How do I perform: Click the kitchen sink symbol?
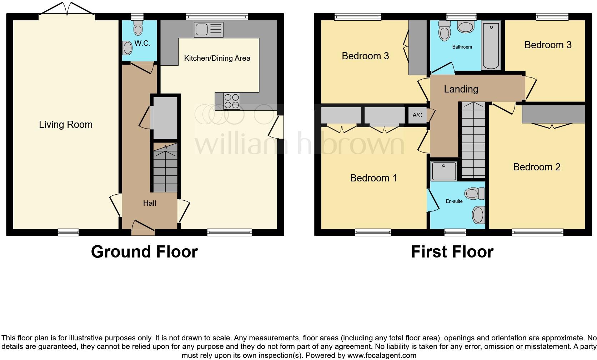point(209,30)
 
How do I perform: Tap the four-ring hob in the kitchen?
point(232,101)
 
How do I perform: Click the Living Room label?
point(66,125)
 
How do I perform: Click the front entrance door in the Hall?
point(143,227)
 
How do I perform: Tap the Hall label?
point(150,203)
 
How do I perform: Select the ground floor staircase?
point(165,168)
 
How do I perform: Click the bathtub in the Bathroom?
point(492,45)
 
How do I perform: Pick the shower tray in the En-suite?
point(444,171)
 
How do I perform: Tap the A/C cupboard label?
point(417,115)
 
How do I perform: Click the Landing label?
point(461,89)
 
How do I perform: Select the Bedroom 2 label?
point(537,167)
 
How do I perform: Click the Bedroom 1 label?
point(373,178)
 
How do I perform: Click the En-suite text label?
point(454,201)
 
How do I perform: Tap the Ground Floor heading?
point(144,252)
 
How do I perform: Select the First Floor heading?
point(452,252)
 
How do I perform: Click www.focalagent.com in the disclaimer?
point(382,355)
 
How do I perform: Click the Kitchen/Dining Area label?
point(217,58)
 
